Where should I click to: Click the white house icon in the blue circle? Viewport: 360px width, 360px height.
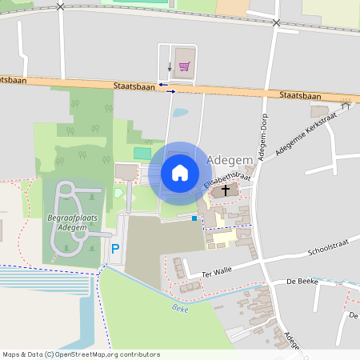(180, 172)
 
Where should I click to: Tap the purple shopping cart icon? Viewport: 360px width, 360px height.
(184, 66)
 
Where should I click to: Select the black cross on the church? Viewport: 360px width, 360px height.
(226, 190)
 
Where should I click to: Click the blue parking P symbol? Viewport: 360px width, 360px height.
(114, 249)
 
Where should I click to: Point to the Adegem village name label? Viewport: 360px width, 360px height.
(230, 160)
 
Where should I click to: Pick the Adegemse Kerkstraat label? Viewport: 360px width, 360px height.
(306, 134)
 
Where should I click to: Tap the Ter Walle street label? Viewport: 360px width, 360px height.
(216, 271)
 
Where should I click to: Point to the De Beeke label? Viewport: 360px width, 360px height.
(302, 282)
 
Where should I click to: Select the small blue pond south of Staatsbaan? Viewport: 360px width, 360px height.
(180, 113)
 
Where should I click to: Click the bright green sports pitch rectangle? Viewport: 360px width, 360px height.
(142, 152)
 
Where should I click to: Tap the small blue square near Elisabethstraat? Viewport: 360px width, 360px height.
(194, 218)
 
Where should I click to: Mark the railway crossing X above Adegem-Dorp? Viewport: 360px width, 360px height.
(276, 22)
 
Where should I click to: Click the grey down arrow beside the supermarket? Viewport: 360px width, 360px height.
(170, 66)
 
